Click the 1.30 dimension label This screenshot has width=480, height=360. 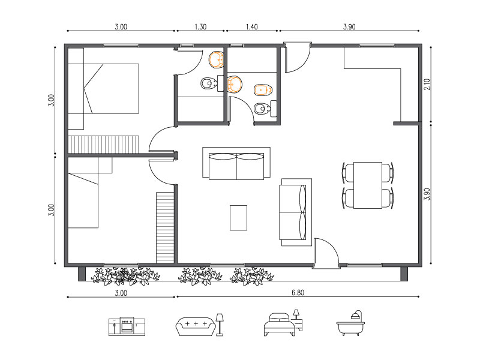[200, 26]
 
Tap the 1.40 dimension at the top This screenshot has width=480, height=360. [251, 26]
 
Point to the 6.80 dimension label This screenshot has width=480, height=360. [298, 293]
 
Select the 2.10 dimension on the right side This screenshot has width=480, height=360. [427, 84]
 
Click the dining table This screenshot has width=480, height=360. [368, 185]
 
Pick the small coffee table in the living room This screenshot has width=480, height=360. [238, 218]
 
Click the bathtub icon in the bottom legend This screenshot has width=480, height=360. [350, 323]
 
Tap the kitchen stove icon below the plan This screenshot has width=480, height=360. [127, 326]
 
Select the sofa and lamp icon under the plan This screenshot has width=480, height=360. [200, 325]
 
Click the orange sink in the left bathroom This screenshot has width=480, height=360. [217, 59]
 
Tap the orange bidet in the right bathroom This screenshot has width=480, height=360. [263, 89]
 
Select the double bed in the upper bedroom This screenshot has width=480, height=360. [103, 88]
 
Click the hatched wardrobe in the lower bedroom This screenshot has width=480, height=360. [165, 227]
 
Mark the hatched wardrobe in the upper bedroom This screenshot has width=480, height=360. [103, 145]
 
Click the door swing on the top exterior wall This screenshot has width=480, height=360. [297, 58]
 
